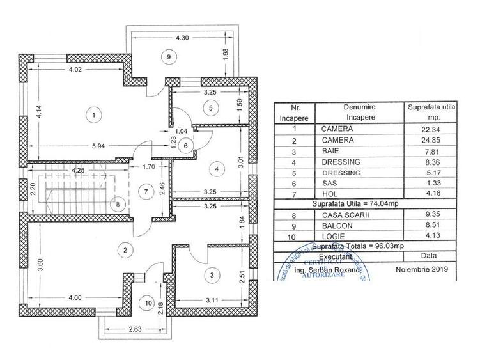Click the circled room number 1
pos(94,115)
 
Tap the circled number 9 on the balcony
pos(169,57)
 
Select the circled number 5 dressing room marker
pos(210,108)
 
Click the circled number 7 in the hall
pos(146,191)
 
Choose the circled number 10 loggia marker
pos(148,302)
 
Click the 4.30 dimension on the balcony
pos(182,38)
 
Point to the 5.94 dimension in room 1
pos(98,146)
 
